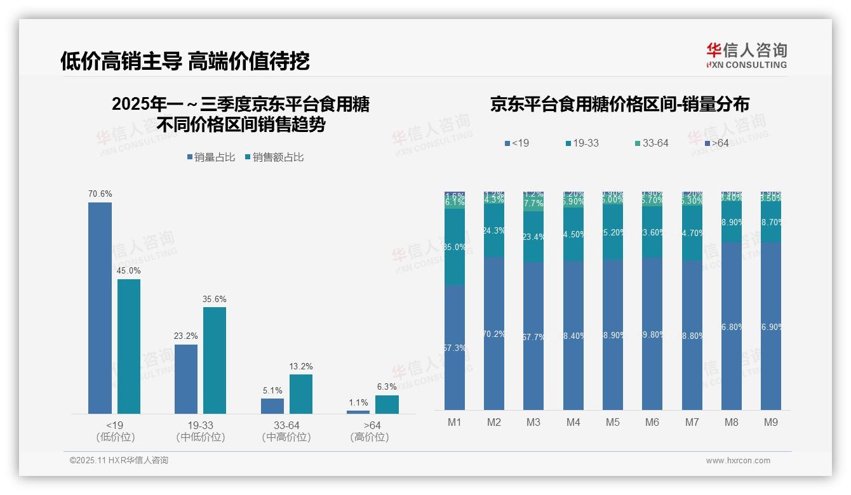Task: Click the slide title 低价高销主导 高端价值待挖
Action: point(185,62)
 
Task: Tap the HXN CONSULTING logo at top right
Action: point(746,56)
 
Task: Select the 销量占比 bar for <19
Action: point(100,308)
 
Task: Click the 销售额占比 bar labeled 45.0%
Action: point(129,346)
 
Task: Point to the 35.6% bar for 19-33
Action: point(215,360)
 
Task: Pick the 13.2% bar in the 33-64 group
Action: point(301,393)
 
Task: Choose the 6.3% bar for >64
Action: point(387,404)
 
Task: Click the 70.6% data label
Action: point(100,194)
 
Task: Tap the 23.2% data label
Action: point(185,336)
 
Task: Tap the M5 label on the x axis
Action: point(612,422)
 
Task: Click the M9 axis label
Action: point(770,422)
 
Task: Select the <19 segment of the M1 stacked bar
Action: point(455,347)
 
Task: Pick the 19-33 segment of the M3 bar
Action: point(533,236)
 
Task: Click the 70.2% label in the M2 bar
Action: point(494,334)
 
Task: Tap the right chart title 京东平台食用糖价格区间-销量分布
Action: point(619,105)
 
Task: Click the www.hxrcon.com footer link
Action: point(738,461)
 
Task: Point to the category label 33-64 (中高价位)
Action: point(286,431)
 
